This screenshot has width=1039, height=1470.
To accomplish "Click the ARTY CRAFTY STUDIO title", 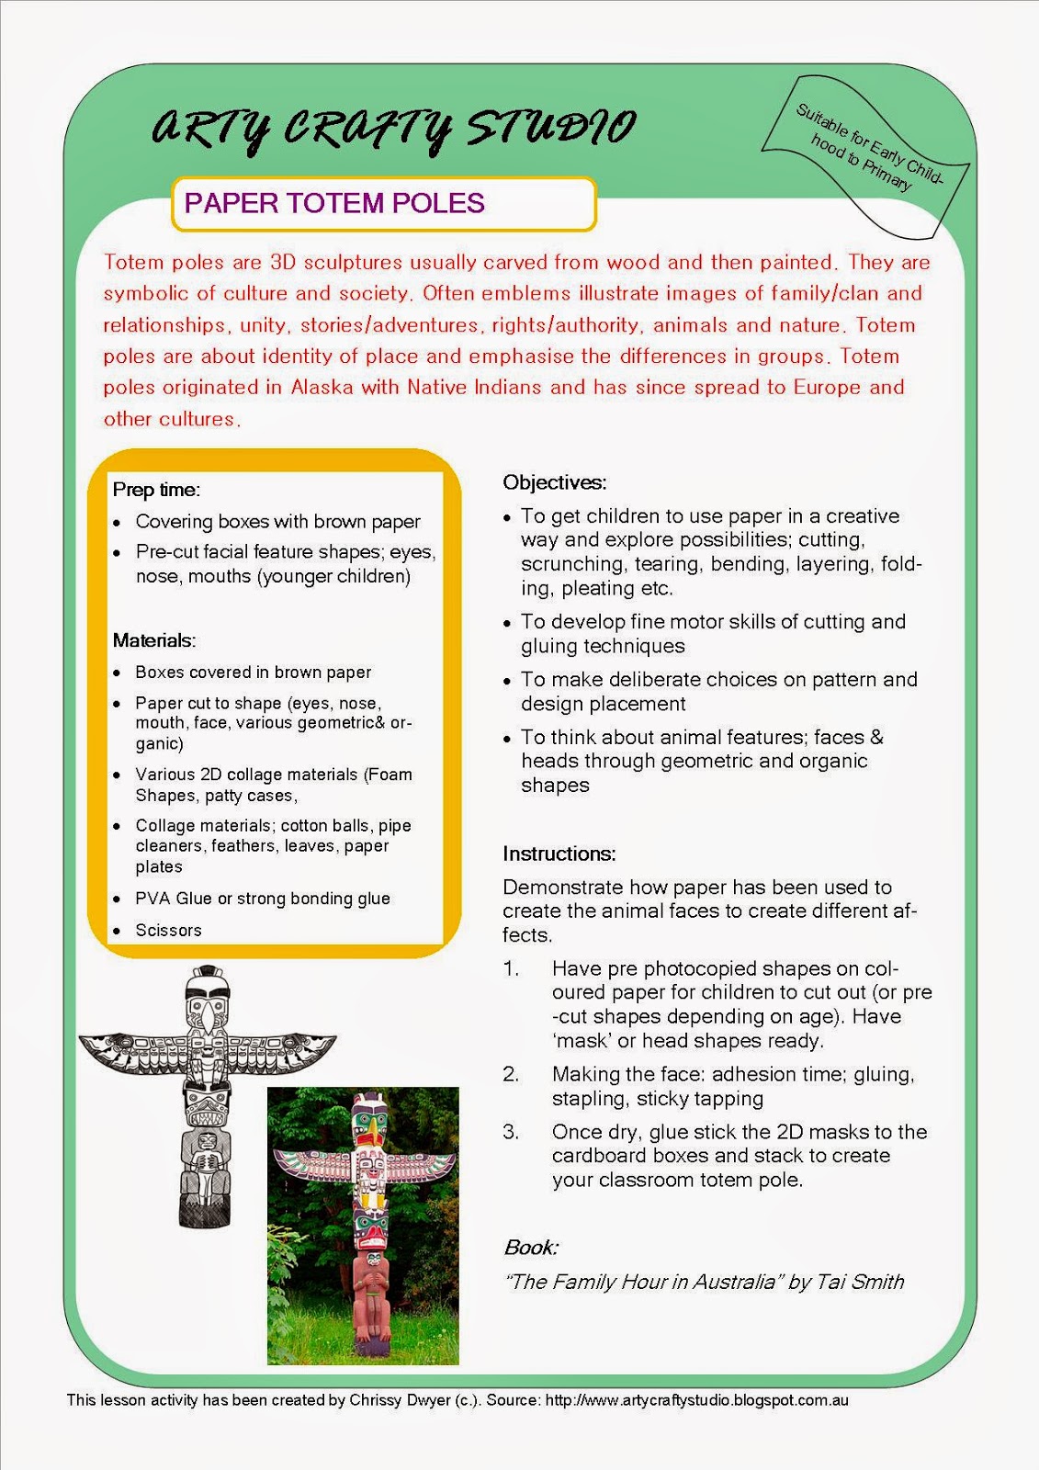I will tap(392, 129).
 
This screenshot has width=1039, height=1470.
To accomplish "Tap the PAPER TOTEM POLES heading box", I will tap(383, 203).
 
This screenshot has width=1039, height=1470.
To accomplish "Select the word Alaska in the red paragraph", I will tap(322, 387).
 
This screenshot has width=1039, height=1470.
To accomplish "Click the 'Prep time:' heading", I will tap(156, 490).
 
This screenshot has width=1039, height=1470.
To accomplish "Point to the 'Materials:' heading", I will tap(154, 640).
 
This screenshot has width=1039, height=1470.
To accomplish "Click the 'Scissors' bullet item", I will tap(168, 930).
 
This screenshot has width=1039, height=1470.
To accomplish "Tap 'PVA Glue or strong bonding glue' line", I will tap(263, 899).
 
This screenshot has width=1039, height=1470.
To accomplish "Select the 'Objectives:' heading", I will tap(554, 482).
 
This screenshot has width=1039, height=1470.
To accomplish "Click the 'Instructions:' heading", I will tap(559, 854).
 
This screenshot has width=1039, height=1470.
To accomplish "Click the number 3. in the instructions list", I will tap(511, 1132).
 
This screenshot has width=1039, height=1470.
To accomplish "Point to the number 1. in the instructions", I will tap(511, 968).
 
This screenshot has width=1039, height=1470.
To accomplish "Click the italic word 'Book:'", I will tap(530, 1248).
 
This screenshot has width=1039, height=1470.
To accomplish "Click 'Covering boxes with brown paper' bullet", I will tap(277, 522).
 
